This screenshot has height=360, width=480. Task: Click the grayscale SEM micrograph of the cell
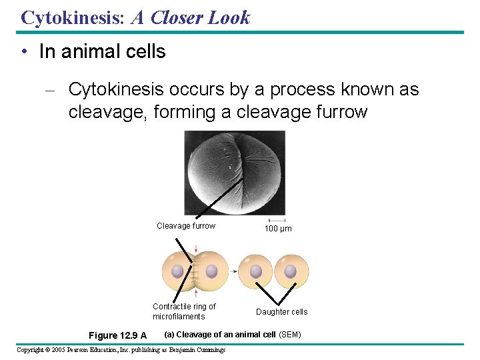[234, 173]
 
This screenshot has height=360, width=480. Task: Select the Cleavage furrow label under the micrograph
[186, 226]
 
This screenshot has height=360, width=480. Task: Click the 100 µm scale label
[278, 229]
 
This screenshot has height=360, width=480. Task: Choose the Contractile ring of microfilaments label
[184, 311]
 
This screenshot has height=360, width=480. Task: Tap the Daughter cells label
[282, 312]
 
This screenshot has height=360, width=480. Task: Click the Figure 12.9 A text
[118, 335]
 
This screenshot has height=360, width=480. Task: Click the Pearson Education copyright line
[121, 350]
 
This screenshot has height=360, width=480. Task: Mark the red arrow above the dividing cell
[195, 251]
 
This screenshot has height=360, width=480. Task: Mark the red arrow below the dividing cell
[195, 291]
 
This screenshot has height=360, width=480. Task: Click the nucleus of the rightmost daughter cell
[291, 271]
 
